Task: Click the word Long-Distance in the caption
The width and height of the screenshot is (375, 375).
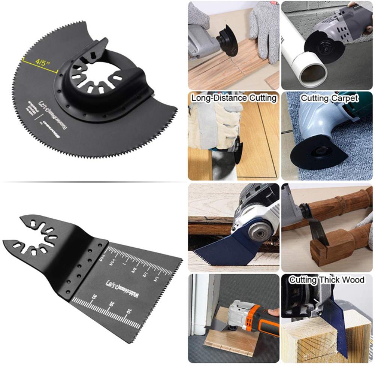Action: pos(214,99)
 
